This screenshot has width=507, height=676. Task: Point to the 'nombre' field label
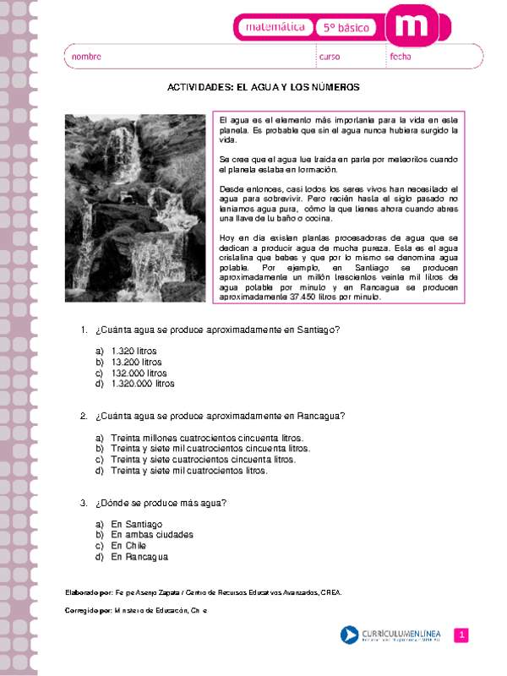86,57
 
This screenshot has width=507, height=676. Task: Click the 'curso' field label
330,57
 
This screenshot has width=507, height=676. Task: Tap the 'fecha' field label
400,57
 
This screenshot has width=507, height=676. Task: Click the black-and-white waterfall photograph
135,208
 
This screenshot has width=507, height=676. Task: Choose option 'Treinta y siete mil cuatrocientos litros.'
188,471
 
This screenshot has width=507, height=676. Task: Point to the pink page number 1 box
461,635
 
